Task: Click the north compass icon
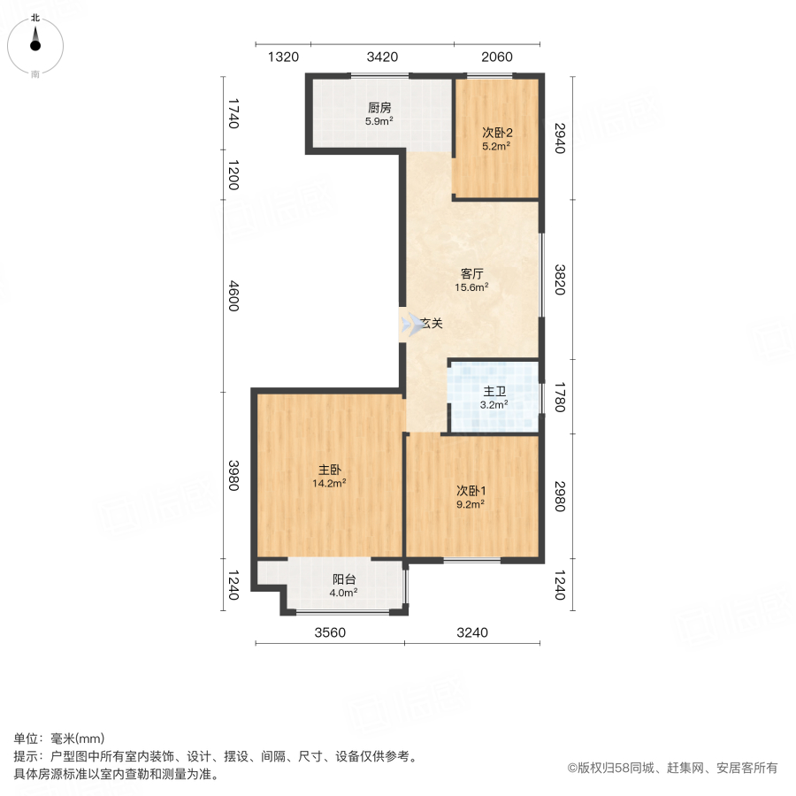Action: coord(35,42)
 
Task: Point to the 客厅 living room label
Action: coord(471,273)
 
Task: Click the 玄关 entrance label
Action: coord(431,324)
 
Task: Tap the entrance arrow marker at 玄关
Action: coord(409,324)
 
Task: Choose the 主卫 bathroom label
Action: coord(494,392)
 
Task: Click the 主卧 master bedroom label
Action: coord(331,470)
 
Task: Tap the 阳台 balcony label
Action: coord(343,579)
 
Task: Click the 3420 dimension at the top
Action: coord(382,57)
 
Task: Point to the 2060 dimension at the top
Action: coord(497,57)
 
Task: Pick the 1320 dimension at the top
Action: coord(283,57)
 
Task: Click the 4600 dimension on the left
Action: coord(233,295)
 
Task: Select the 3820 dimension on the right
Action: coord(560,279)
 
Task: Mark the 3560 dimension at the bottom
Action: coord(329,632)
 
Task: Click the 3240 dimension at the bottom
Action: coord(472,632)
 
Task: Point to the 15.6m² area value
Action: coord(471,287)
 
